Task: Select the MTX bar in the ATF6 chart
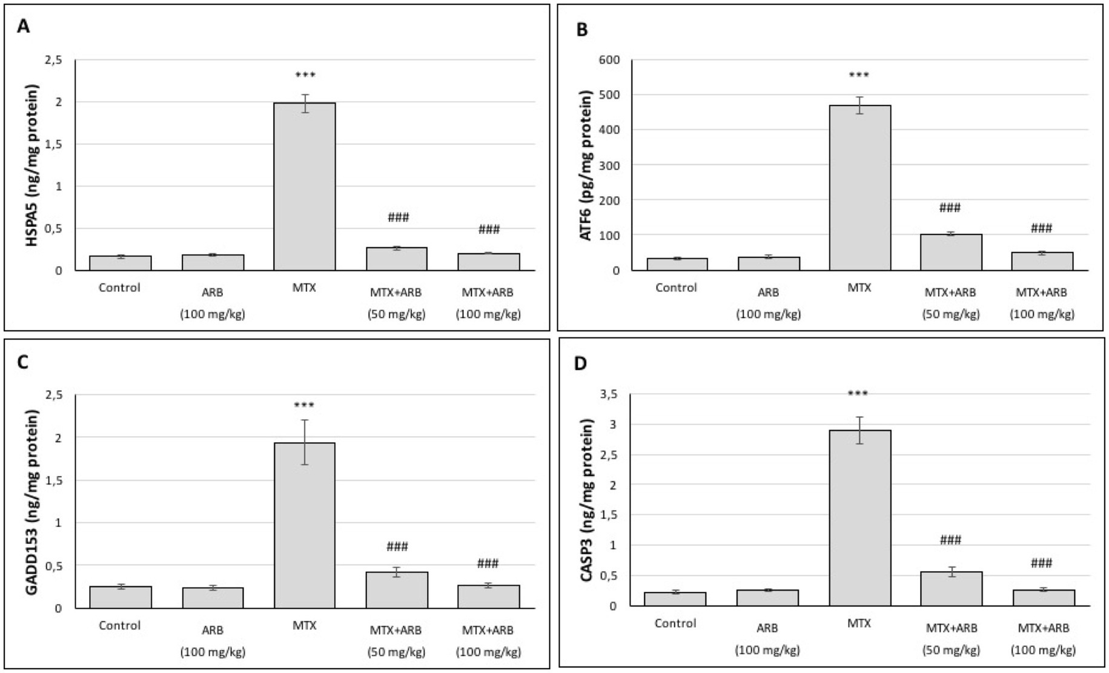click(859, 188)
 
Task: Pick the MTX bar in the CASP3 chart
click(859, 518)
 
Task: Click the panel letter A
click(23, 27)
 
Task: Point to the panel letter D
click(580, 364)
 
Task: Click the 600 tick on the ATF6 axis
click(609, 60)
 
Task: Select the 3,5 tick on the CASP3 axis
click(608, 394)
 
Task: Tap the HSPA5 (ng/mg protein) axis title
click(31, 165)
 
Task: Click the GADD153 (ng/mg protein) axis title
click(31, 502)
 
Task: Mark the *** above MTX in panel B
click(859, 76)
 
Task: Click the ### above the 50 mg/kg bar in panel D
click(950, 540)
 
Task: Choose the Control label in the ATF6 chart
click(676, 288)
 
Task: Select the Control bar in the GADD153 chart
click(121, 597)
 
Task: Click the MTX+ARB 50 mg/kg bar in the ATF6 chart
click(951, 252)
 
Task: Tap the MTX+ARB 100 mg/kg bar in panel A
click(488, 262)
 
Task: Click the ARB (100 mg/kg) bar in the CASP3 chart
click(767, 597)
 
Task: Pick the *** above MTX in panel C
click(304, 405)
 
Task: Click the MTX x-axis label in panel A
click(304, 288)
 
